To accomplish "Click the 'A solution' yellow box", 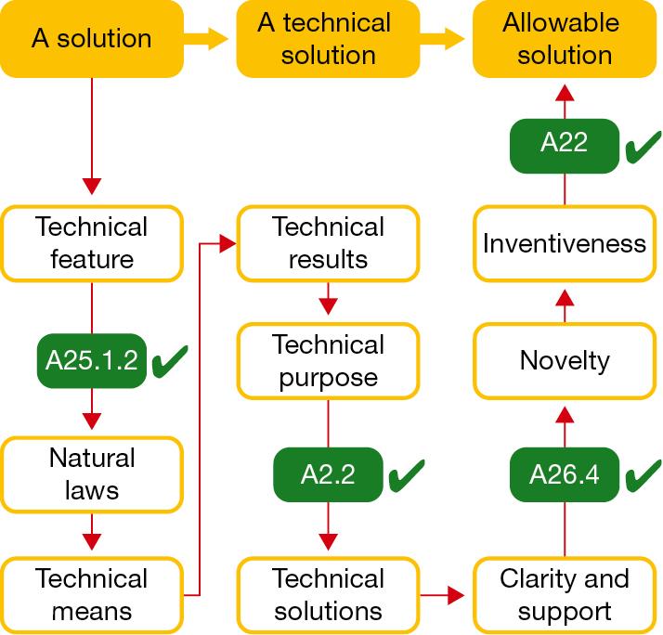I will pyautogui.click(x=91, y=38).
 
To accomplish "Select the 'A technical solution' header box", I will pyautogui.click(x=328, y=38).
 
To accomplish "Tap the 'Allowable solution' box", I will pyautogui.click(x=565, y=38).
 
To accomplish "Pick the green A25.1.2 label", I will pyautogui.click(x=91, y=359).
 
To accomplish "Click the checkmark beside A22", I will pyautogui.click(x=641, y=148).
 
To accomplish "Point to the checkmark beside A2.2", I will pyautogui.click(x=405, y=475).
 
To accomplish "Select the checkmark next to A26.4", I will pyautogui.click(x=641, y=475).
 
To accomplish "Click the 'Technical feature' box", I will pyautogui.click(x=91, y=242).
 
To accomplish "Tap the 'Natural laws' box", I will pyautogui.click(x=91, y=473).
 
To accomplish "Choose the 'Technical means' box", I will pyautogui.click(x=91, y=594).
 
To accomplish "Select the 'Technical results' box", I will pyautogui.click(x=328, y=242).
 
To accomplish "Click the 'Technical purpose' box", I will pyautogui.click(x=328, y=360).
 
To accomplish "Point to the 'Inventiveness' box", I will pyautogui.click(x=565, y=243).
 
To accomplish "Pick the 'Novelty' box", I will pyautogui.click(x=565, y=359).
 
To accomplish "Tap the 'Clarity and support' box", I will pyautogui.click(x=565, y=594).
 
